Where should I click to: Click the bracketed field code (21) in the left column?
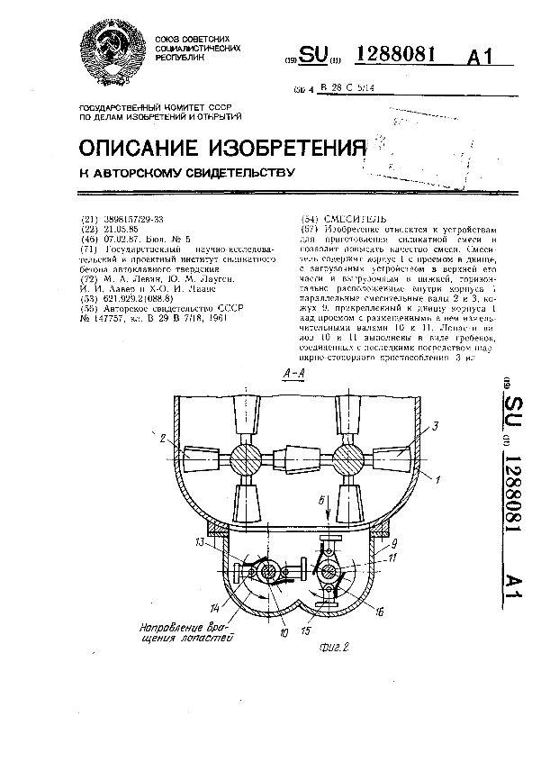pos(88,219)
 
